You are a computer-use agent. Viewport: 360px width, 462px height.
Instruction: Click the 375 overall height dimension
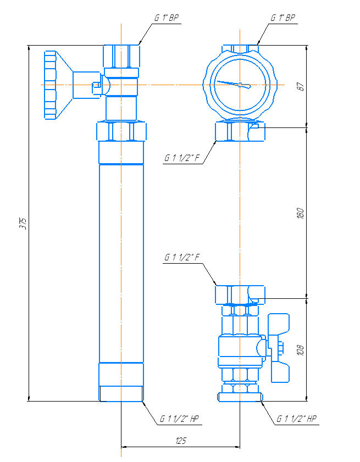pos(25,224)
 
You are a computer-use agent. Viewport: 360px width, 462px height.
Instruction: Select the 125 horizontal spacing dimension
pos(181,441)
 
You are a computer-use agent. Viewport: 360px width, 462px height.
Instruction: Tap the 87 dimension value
pos(300,86)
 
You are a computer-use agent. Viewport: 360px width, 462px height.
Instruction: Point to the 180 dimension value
pos(300,213)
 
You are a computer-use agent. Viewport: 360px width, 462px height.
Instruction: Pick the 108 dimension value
pos(300,350)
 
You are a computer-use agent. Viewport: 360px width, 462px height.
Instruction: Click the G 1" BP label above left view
pos(167,18)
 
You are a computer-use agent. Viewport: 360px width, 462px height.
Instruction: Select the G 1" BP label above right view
pos(283,18)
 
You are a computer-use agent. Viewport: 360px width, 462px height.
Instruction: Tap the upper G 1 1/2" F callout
pos(182,158)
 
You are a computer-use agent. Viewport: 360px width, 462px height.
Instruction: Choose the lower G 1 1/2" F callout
pos(182,258)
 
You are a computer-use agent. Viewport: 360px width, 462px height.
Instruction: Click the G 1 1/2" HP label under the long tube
pos(179,419)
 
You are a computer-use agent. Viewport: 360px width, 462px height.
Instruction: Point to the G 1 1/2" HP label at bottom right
pos(296,419)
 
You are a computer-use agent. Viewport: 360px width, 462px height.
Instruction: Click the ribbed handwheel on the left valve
pos(50,85)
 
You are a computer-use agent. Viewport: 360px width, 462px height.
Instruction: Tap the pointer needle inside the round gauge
pos(234,84)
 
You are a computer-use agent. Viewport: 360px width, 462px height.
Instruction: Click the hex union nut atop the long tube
pos(121,131)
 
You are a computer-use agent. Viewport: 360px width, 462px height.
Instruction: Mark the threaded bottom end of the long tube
pos(121,394)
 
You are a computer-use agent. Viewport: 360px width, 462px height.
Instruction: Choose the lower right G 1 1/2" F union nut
pos(240,294)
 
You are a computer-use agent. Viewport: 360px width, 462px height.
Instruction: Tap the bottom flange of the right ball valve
pos(240,397)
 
